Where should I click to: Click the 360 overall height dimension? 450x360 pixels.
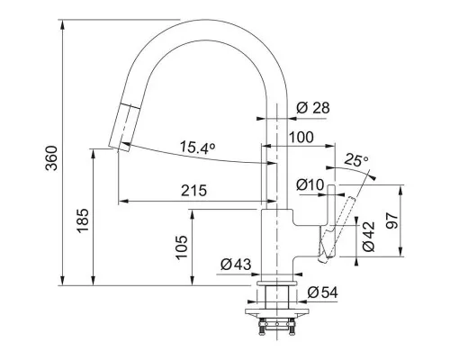[51, 158]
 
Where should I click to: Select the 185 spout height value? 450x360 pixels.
[83, 220]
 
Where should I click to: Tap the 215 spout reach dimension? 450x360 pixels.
[193, 190]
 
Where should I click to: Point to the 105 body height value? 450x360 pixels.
[182, 247]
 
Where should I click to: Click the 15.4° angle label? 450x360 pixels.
[197, 147]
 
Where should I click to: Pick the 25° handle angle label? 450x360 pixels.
[356, 160]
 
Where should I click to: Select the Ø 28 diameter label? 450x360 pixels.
[313, 108]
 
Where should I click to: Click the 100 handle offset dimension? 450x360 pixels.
[301, 137]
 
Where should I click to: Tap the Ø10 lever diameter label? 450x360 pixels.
[310, 184]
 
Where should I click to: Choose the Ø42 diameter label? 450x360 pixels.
[369, 237]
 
